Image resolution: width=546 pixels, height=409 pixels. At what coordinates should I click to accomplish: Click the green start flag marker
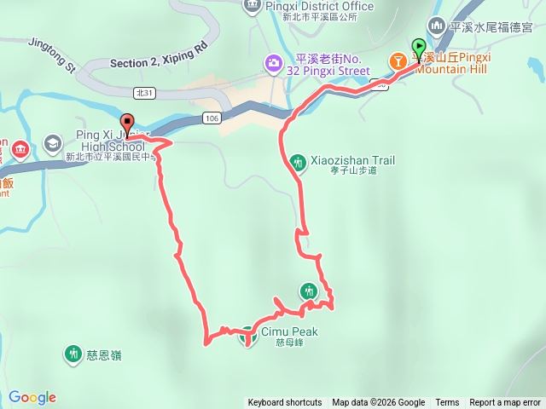tap(419, 48)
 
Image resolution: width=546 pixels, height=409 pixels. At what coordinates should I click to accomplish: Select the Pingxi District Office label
tap(319, 7)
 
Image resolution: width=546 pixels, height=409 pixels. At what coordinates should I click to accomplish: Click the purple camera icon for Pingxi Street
tap(274, 62)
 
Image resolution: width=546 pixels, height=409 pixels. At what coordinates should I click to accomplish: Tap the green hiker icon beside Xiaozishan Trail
tap(298, 162)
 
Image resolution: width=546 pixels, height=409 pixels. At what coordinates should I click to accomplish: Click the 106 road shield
tap(212, 118)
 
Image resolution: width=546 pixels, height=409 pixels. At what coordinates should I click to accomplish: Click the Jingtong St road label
tap(52, 53)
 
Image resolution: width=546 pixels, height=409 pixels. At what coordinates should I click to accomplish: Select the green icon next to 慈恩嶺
tap(73, 354)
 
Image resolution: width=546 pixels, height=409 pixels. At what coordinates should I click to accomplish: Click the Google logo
tap(32, 397)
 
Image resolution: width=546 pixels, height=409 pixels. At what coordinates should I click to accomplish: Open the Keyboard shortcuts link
tap(285, 403)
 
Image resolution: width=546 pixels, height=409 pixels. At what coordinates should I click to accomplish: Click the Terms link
tap(447, 403)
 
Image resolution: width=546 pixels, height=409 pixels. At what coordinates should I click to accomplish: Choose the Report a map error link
tap(505, 403)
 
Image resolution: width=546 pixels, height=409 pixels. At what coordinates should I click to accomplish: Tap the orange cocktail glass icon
tap(398, 61)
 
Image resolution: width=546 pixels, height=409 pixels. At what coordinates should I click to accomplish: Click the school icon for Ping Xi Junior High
tap(52, 142)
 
